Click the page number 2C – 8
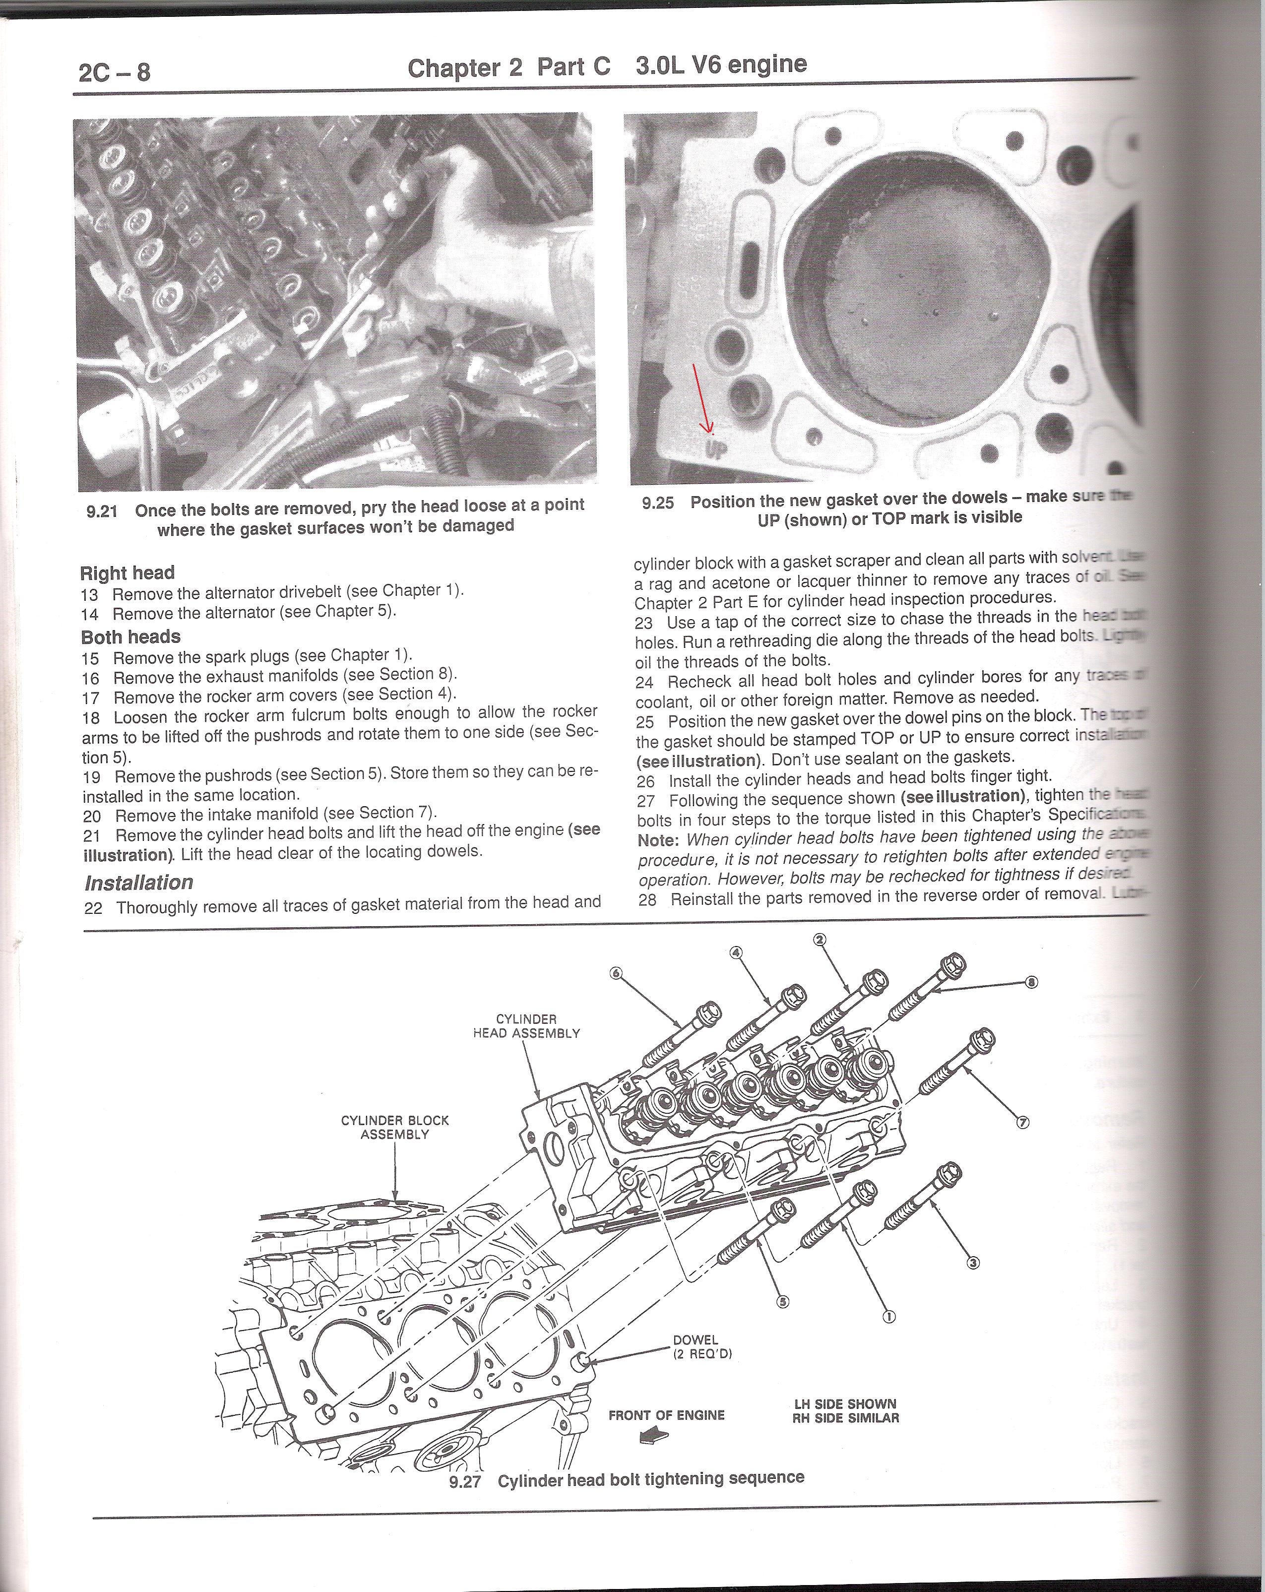(115, 72)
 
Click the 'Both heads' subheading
(130, 637)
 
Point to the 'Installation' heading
(139, 883)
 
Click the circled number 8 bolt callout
(1032, 982)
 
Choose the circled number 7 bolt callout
(1023, 1122)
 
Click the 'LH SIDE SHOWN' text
(845, 1403)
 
